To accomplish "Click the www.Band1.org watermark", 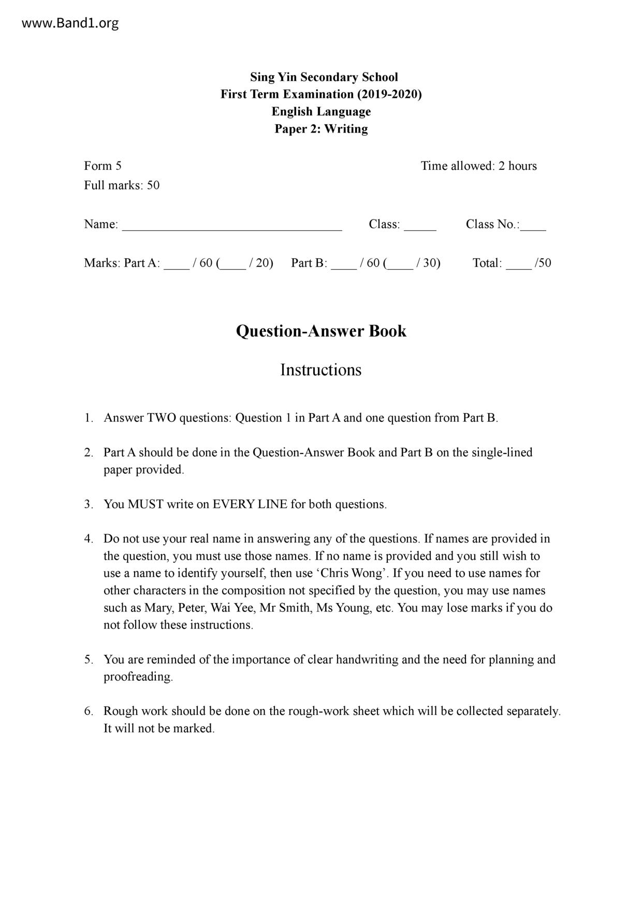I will click(x=70, y=23).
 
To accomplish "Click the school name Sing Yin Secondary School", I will click(x=324, y=77).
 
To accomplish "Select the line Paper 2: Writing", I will click(x=321, y=129).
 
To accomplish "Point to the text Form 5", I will click(x=103, y=166).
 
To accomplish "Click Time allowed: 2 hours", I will click(x=478, y=166).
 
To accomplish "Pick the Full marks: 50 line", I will click(x=122, y=185).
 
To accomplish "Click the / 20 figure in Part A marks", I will click(x=260, y=263).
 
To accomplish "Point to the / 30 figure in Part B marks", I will click(x=428, y=263).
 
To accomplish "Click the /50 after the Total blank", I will click(x=543, y=263).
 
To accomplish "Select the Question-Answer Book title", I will click(x=321, y=331).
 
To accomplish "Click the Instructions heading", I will click(x=321, y=370).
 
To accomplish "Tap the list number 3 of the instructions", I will click(x=88, y=504).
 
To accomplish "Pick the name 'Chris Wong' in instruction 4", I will click(x=352, y=573).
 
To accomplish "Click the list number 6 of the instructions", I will click(x=88, y=711).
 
